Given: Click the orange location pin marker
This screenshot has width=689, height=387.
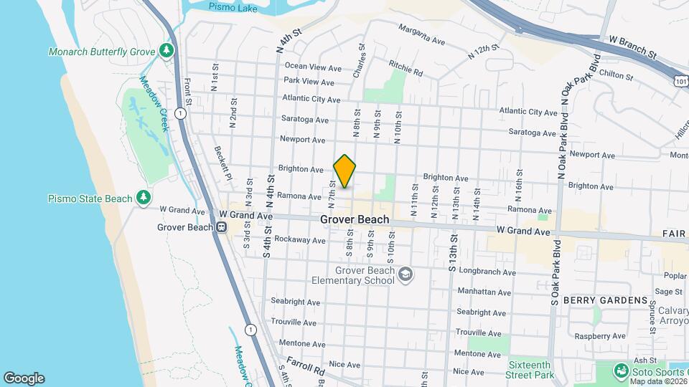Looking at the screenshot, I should tap(344, 171).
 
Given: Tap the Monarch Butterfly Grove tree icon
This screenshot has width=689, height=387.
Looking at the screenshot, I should tap(167, 50).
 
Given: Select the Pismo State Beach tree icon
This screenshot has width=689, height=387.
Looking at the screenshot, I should tap(144, 197).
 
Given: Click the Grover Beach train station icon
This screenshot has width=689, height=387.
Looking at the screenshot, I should tap(222, 227).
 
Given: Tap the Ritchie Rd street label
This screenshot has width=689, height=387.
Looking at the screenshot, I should tap(406, 69).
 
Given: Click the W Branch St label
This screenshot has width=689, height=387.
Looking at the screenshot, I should tap(633, 48).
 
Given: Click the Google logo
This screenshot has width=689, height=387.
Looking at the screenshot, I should tap(24, 378).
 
